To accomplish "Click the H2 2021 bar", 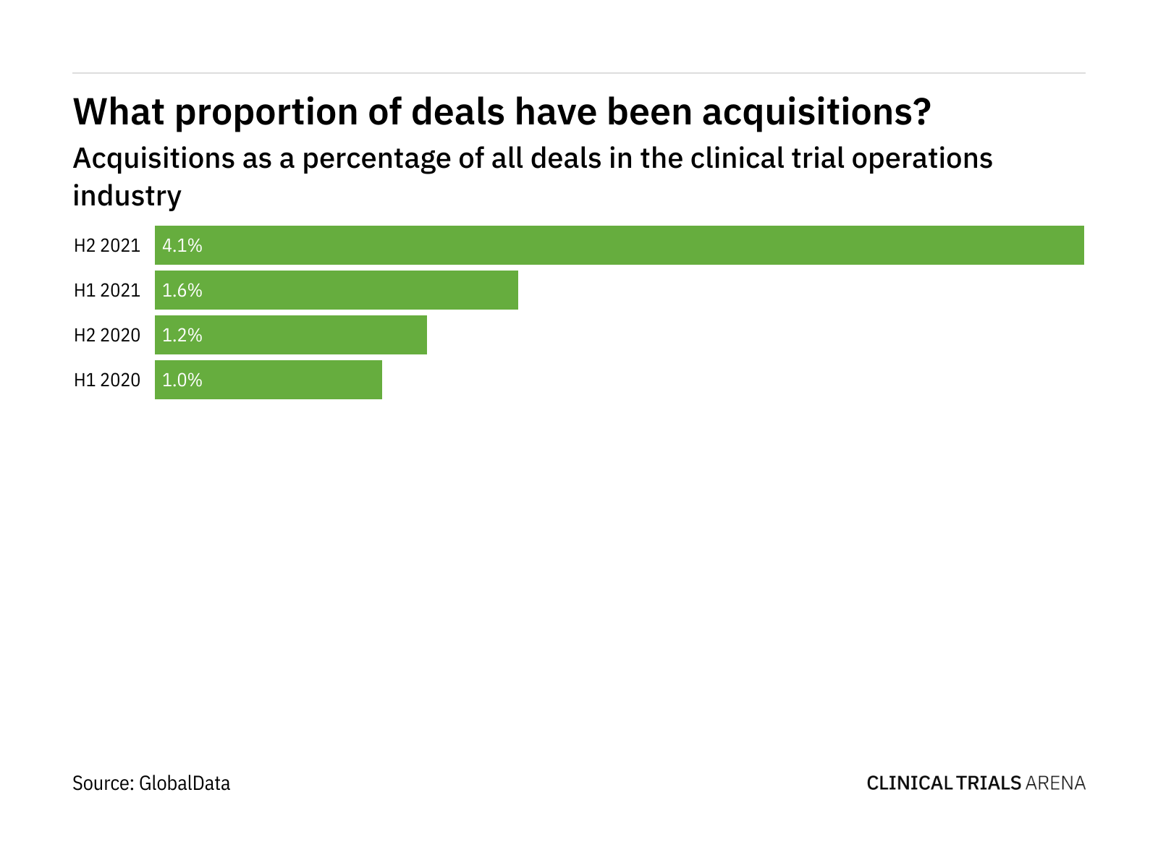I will (x=620, y=245).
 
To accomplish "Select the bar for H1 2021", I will (x=337, y=290).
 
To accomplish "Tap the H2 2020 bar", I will (x=291, y=335).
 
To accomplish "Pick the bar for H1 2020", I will (x=269, y=380).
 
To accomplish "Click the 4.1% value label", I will (x=182, y=246).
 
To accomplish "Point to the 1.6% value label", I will (x=182, y=291).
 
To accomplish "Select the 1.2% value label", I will (x=182, y=336).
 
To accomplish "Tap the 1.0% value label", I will (x=182, y=380).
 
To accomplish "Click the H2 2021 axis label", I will (x=107, y=246).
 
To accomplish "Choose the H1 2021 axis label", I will (x=107, y=291).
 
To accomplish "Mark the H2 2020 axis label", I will (x=107, y=336).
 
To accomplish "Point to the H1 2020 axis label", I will (x=107, y=380).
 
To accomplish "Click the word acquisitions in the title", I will (x=816, y=112).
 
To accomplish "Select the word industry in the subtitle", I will (x=127, y=196).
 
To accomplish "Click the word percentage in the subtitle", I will (x=369, y=159).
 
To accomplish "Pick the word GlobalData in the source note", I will (x=185, y=783).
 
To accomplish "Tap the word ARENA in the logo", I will (x=1056, y=783).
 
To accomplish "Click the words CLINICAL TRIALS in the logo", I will (x=944, y=783).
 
